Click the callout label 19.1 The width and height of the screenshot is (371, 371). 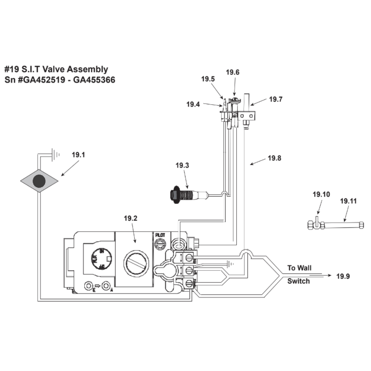point(78,155)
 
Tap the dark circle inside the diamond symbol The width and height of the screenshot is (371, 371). point(39,181)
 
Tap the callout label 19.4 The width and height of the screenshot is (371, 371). point(193,105)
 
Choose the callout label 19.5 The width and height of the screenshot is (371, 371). point(208,79)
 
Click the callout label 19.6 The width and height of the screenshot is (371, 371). point(232,72)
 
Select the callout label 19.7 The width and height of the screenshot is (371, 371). point(276,99)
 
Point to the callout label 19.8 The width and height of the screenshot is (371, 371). point(275,158)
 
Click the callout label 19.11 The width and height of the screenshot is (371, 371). point(348,201)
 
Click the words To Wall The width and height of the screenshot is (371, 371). point(299,268)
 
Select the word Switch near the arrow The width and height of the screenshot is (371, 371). point(298,281)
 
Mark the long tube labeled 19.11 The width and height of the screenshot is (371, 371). point(343,224)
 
